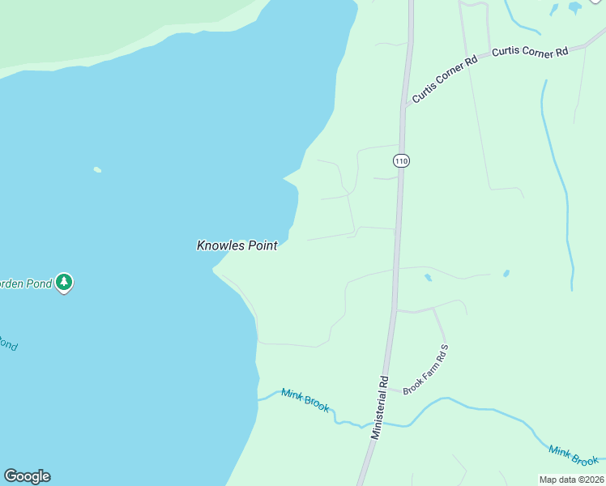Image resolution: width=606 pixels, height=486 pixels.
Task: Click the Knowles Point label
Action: click(237, 245)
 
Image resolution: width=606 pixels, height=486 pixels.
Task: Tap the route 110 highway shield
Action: click(400, 160)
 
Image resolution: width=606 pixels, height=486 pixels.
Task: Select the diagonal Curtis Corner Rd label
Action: click(444, 79)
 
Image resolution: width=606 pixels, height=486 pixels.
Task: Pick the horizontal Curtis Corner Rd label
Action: click(530, 53)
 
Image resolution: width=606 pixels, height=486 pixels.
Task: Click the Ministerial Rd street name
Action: click(381, 407)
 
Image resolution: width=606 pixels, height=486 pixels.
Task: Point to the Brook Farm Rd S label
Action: click(425, 369)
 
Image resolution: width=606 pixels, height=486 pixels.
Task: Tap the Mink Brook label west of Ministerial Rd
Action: click(305, 400)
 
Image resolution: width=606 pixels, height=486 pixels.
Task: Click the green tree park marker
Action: click(65, 283)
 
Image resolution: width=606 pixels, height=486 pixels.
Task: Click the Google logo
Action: click(27, 476)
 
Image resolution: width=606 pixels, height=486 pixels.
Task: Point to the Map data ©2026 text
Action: click(571, 480)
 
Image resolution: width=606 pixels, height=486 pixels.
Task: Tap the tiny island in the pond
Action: click(97, 170)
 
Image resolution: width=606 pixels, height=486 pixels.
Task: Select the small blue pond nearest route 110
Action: click(427, 278)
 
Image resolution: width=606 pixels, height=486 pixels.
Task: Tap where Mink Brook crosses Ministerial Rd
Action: click(375, 424)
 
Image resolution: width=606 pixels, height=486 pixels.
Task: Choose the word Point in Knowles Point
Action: click(261, 245)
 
